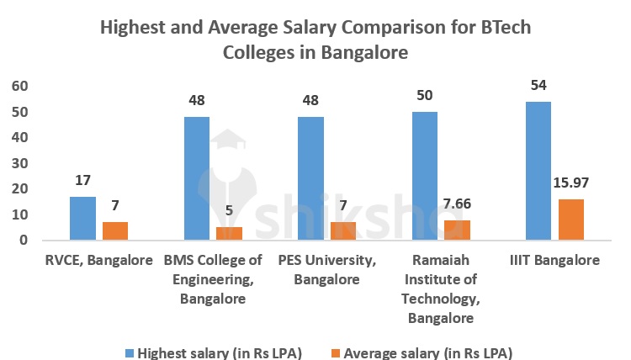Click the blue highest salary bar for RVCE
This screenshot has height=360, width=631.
pyautogui.click(x=82, y=219)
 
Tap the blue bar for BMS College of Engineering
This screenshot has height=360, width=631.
pyautogui.click(x=196, y=178)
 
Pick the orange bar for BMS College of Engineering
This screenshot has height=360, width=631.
pyautogui.click(x=229, y=234)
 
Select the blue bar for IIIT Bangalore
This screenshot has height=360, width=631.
pyautogui.click(x=538, y=171)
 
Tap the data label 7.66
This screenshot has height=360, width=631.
pyautogui.click(x=457, y=204)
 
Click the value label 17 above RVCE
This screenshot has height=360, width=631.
pyautogui.click(x=82, y=181)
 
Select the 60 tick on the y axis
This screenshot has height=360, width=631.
pyautogui.click(x=19, y=86)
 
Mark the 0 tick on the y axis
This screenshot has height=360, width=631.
pyautogui.click(x=24, y=241)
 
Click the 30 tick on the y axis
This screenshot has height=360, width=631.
pyautogui.click(x=19, y=163)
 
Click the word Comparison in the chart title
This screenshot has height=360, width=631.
pyautogui.click(x=398, y=27)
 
